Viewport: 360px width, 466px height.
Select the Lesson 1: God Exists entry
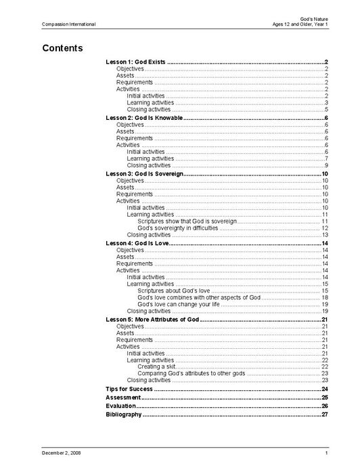pos(136,62)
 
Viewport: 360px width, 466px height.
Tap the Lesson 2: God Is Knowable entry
pos(144,118)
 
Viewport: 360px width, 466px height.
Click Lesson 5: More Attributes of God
pos(152,319)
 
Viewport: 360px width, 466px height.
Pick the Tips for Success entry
pos(129,389)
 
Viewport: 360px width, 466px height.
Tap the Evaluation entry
pos(121,406)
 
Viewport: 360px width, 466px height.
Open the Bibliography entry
pos(124,414)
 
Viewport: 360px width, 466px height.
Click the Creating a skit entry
pos(156,366)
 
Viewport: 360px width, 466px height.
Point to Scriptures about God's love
pos(175,291)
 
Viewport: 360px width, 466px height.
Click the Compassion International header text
pos(68,24)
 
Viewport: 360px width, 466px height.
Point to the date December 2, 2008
pos(62,452)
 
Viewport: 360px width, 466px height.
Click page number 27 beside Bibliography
pos(325,414)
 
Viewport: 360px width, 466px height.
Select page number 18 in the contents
pos(325,297)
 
